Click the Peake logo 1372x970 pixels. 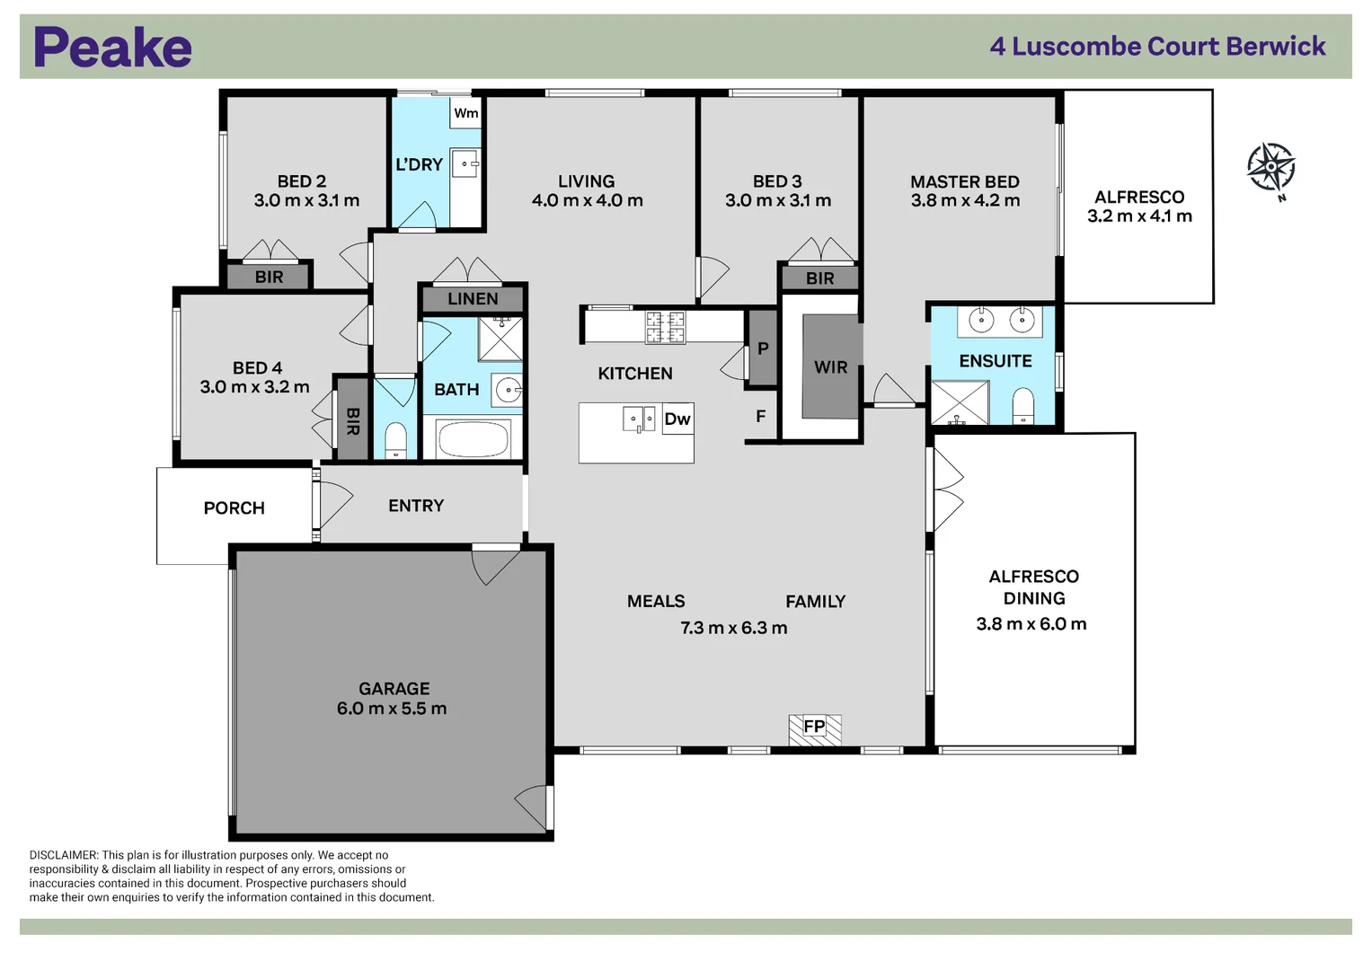[x=112, y=48]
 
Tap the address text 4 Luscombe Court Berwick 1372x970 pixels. [x=1157, y=47]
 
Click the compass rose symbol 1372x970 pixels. [x=1270, y=167]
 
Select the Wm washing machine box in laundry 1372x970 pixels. [x=465, y=113]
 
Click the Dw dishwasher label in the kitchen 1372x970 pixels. [x=677, y=419]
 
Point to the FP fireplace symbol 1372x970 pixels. [x=814, y=727]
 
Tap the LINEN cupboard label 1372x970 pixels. [x=473, y=299]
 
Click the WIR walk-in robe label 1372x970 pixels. [x=830, y=367]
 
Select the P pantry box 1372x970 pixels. [x=763, y=348]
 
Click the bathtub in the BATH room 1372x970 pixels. [x=473, y=440]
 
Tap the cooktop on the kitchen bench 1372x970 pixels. [x=665, y=327]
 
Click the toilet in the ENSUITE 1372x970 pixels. [x=1023, y=405]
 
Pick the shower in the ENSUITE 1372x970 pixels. [x=959, y=402]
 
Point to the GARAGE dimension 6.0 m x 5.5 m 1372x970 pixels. [x=392, y=709]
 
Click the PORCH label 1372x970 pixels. [x=234, y=508]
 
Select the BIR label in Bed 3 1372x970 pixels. [x=819, y=278]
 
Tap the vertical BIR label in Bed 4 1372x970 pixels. [x=352, y=420]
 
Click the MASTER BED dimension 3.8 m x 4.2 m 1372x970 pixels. [x=965, y=200]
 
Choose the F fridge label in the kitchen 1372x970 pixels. [x=760, y=417]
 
